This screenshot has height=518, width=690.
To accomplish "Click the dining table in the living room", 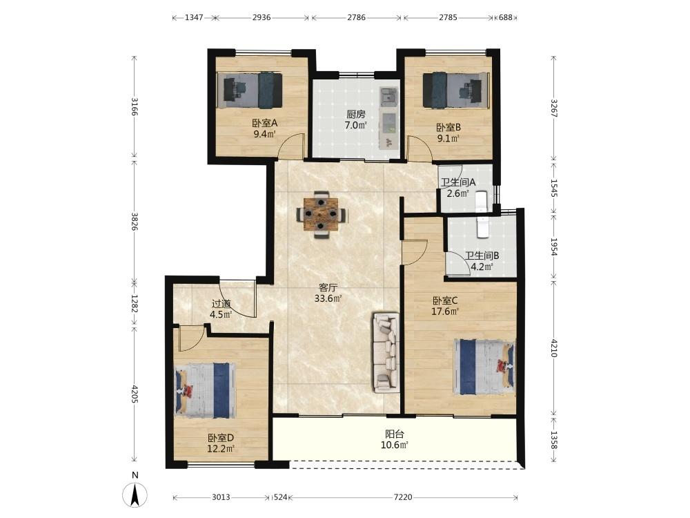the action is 322,215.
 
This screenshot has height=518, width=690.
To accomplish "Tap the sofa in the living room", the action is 386,352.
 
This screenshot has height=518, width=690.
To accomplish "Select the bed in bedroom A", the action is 250,90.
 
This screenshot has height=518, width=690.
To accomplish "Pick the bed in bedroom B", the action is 456,90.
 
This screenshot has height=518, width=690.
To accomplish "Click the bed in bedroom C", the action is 484,367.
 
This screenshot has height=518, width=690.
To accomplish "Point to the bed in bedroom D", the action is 206,390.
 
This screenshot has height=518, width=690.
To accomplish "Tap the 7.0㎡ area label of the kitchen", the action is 355,125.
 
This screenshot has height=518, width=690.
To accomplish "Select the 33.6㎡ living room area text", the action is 328,298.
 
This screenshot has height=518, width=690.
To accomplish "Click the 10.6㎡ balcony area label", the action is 394,445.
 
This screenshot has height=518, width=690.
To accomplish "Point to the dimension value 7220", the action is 403,497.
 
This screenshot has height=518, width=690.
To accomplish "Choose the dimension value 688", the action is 506,18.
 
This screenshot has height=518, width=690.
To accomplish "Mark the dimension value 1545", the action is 554,188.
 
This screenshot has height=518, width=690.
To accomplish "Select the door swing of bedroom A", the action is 291,145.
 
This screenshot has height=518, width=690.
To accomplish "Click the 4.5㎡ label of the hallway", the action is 221,314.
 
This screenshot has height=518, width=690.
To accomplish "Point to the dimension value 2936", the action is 262,18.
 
